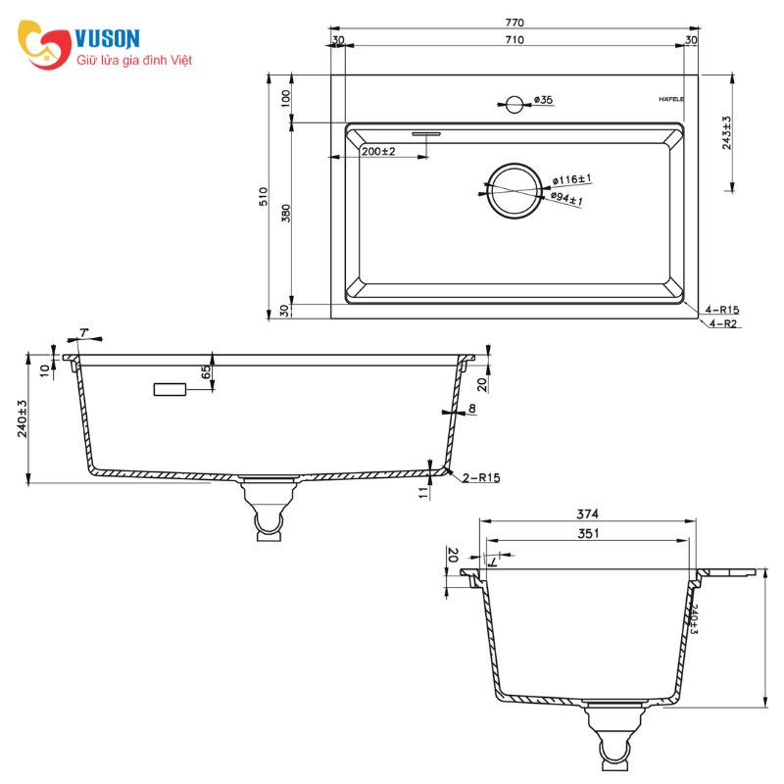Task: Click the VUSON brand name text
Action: click(107, 38)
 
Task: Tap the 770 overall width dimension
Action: click(514, 23)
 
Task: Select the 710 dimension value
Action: click(514, 40)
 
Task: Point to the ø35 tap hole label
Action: click(543, 100)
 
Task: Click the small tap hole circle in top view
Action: click(514, 105)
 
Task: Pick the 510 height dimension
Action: click(264, 196)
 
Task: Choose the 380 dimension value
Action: click(285, 213)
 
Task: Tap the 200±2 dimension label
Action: click(378, 151)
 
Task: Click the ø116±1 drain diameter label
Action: click(571, 179)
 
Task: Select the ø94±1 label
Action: click(566, 198)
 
